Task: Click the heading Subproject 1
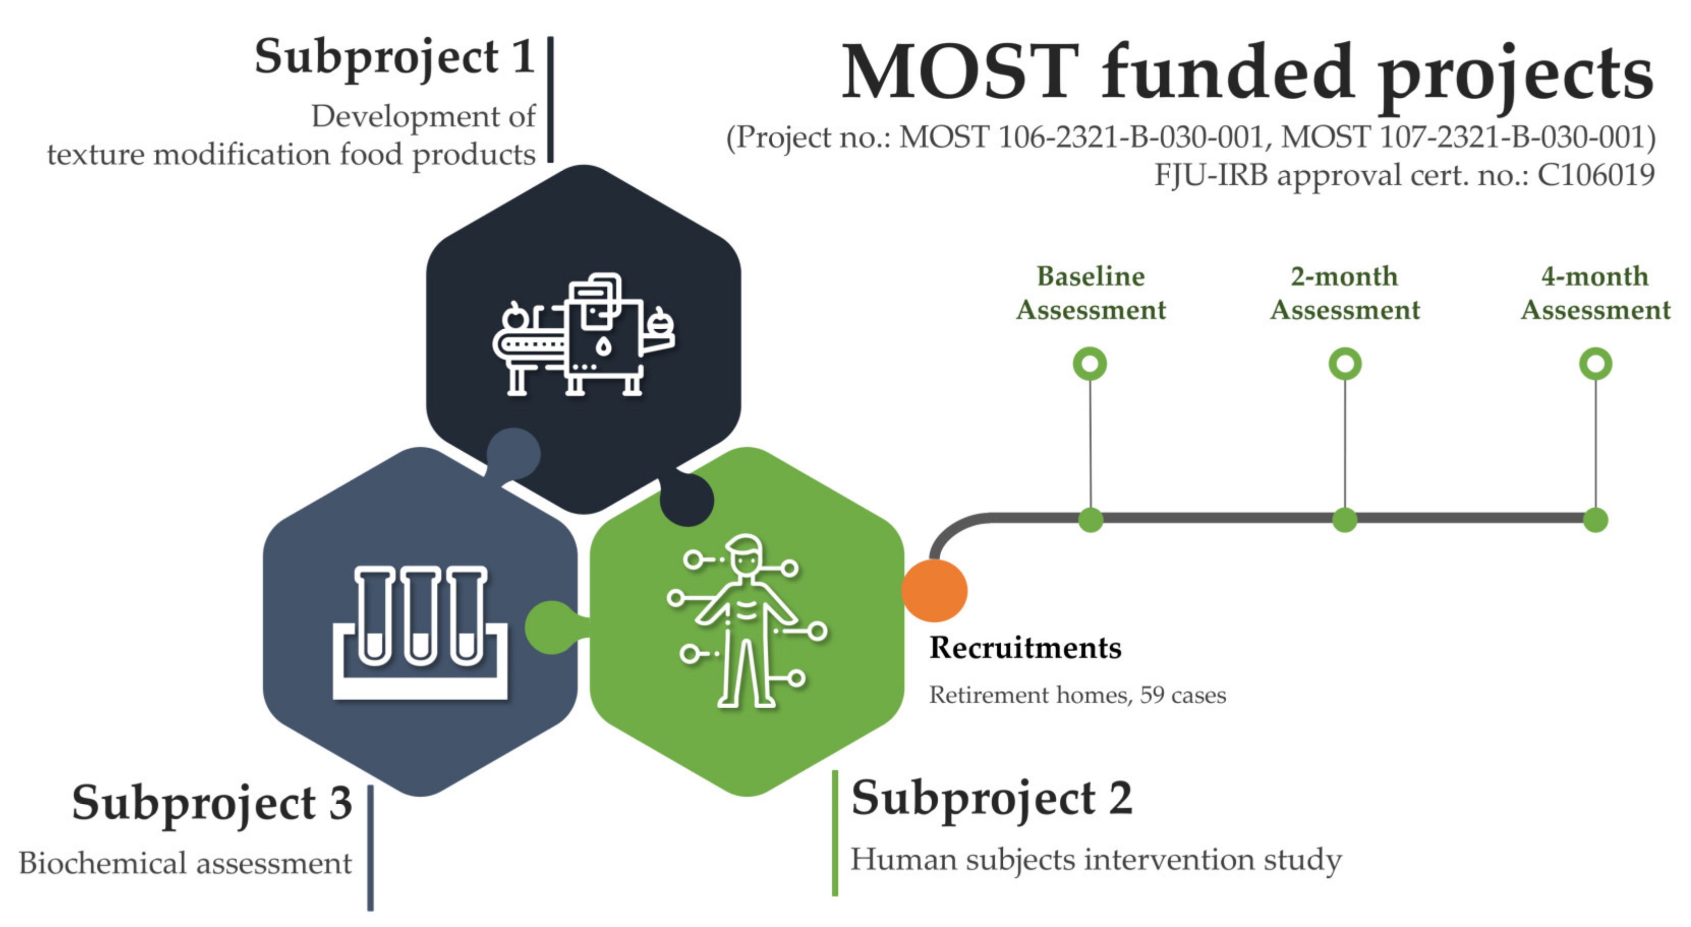(x=394, y=57)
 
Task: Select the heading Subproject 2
(x=991, y=799)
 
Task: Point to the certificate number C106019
(x=1596, y=175)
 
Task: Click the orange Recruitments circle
(x=934, y=591)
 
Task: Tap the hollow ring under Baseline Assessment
(x=1090, y=364)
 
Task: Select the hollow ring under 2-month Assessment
(x=1344, y=364)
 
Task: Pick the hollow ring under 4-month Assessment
(x=1595, y=364)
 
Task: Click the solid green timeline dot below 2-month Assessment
(x=1344, y=519)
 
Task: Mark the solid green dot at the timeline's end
(x=1595, y=519)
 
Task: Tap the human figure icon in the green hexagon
(x=747, y=621)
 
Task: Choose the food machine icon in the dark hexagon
(x=583, y=335)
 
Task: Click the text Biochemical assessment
(x=185, y=863)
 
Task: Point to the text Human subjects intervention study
(x=1095, y=860)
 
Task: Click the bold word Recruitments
(x=1025, y=648)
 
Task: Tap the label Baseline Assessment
(x=1090, y=293)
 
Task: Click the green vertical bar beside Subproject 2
(x=835, y=833)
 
